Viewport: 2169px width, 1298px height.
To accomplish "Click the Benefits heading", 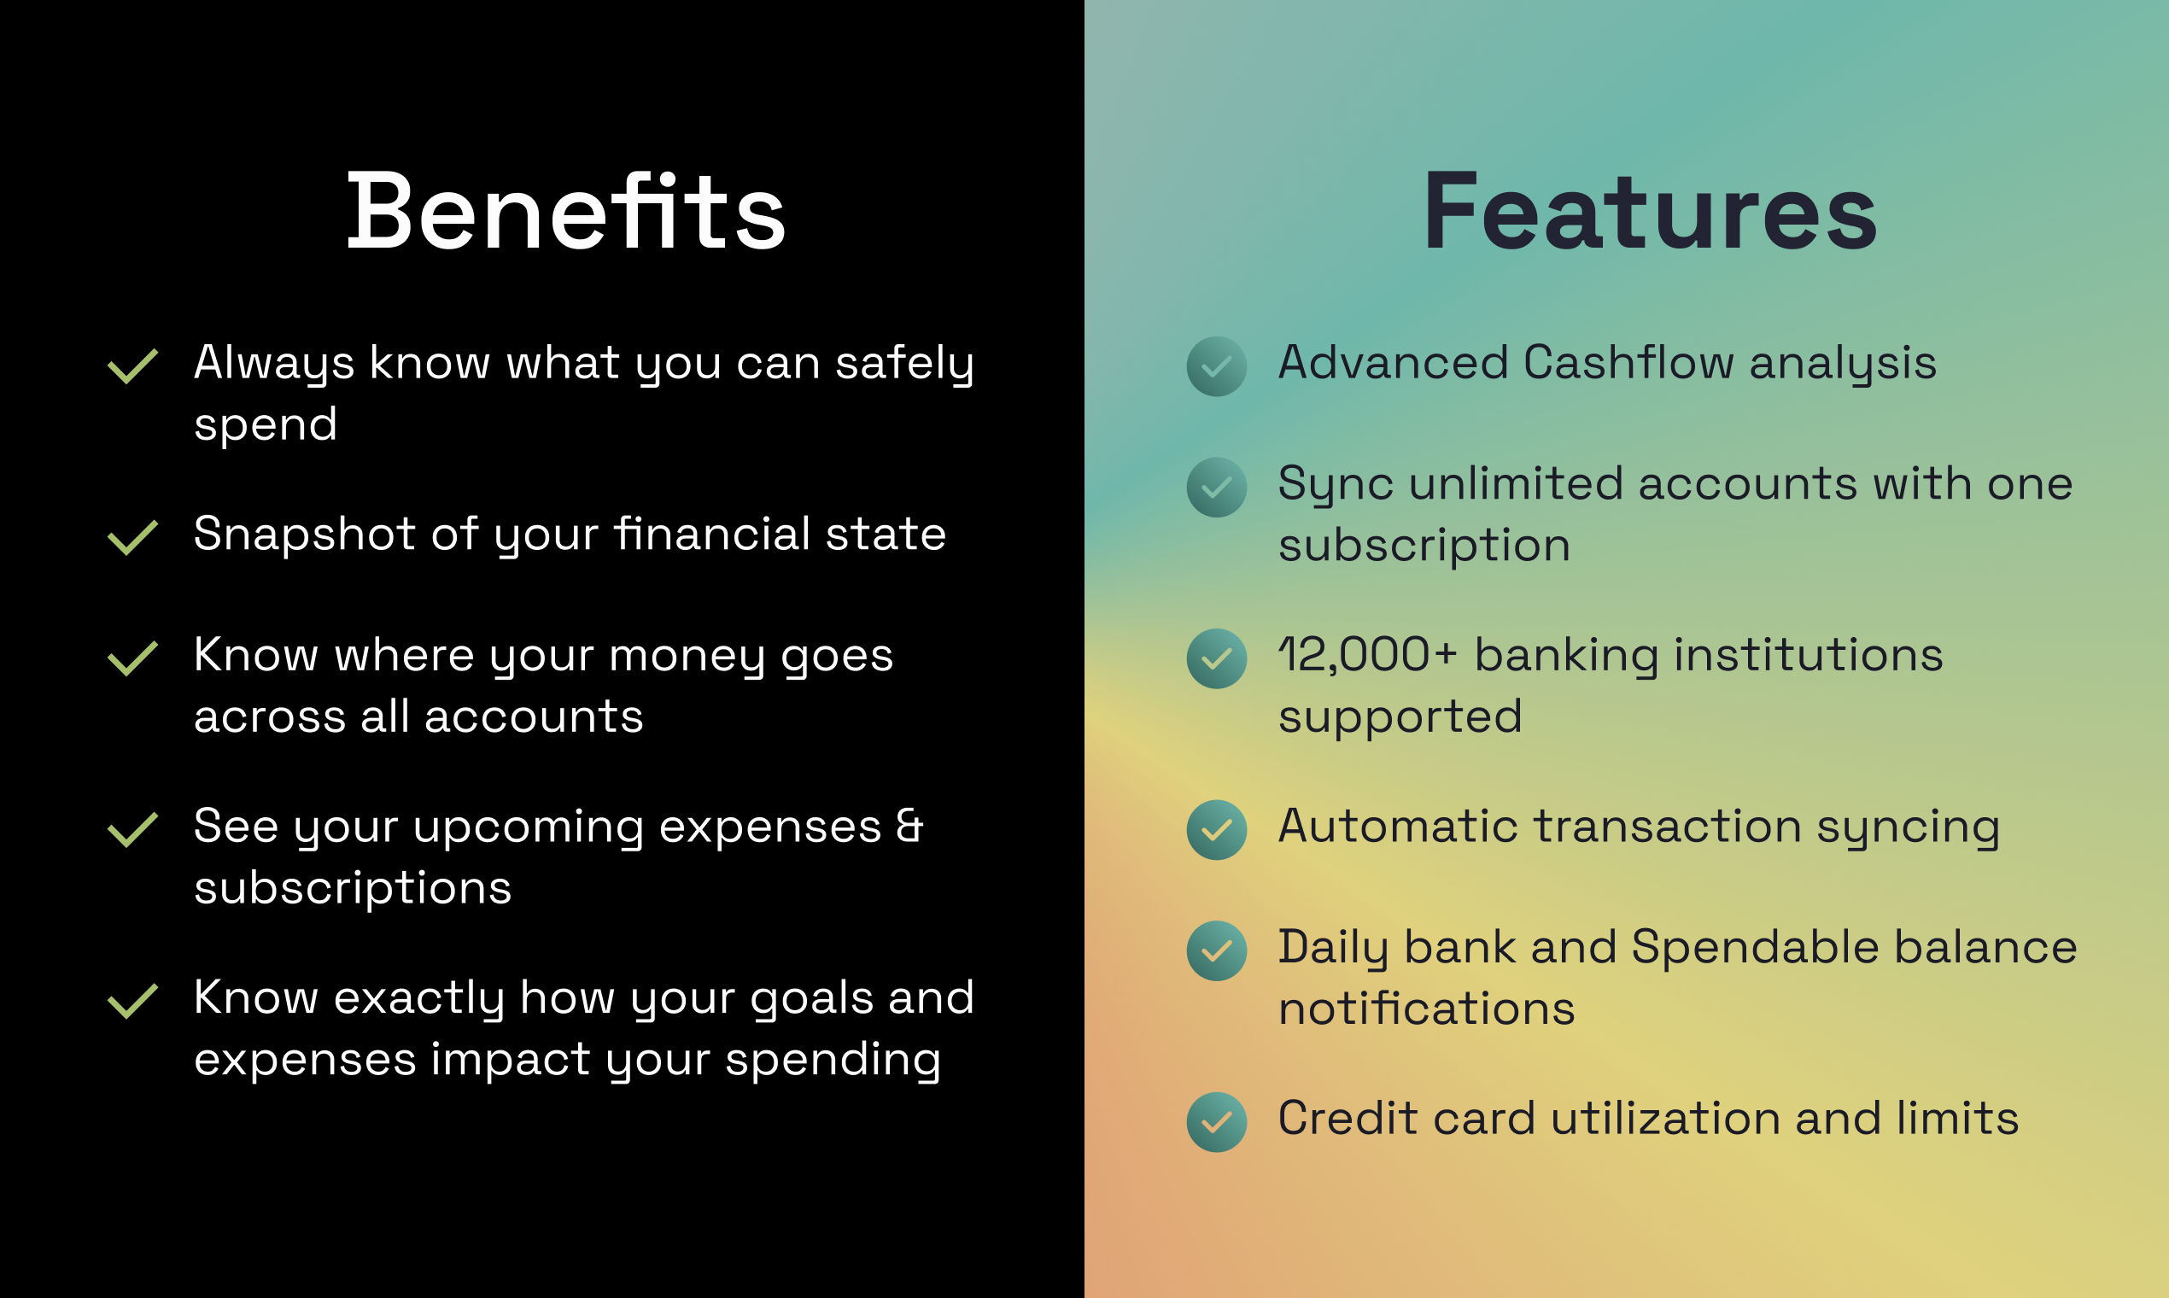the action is click(x=567, y=212).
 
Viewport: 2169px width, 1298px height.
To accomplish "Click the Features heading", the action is click(x=1651, y=212).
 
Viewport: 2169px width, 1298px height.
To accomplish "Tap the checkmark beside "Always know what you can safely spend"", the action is click(x=132, y=366).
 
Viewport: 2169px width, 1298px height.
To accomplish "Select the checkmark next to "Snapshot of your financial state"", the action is click(x=132, y=538).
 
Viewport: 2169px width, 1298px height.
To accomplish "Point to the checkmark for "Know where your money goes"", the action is click(x=132, y=658).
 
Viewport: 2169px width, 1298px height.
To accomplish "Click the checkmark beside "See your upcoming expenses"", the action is click(x=132, y=830).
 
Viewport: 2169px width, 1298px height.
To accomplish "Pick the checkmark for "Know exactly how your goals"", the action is click(x=132, y=1002).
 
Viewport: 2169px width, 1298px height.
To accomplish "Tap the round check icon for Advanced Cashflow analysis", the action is click(x=1217, y=366).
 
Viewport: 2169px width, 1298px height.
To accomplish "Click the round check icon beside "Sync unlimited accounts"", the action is click(x=1217, y=488).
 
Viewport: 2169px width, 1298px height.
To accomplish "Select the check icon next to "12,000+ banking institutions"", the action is click(x=1217, y=658).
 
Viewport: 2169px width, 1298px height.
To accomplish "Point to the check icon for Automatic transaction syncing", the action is click(x=1217, y=830).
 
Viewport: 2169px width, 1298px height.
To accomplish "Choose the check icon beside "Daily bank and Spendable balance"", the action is click(x=1217, y=950).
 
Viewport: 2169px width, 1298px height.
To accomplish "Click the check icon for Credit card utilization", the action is click(x=1217, y=1122).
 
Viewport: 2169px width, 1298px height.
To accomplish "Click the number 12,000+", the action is click(x=1368, y=655).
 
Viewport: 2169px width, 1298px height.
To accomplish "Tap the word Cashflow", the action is click(x=1628, y=362).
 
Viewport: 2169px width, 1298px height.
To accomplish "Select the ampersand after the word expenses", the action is click(x=909, y=826).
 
